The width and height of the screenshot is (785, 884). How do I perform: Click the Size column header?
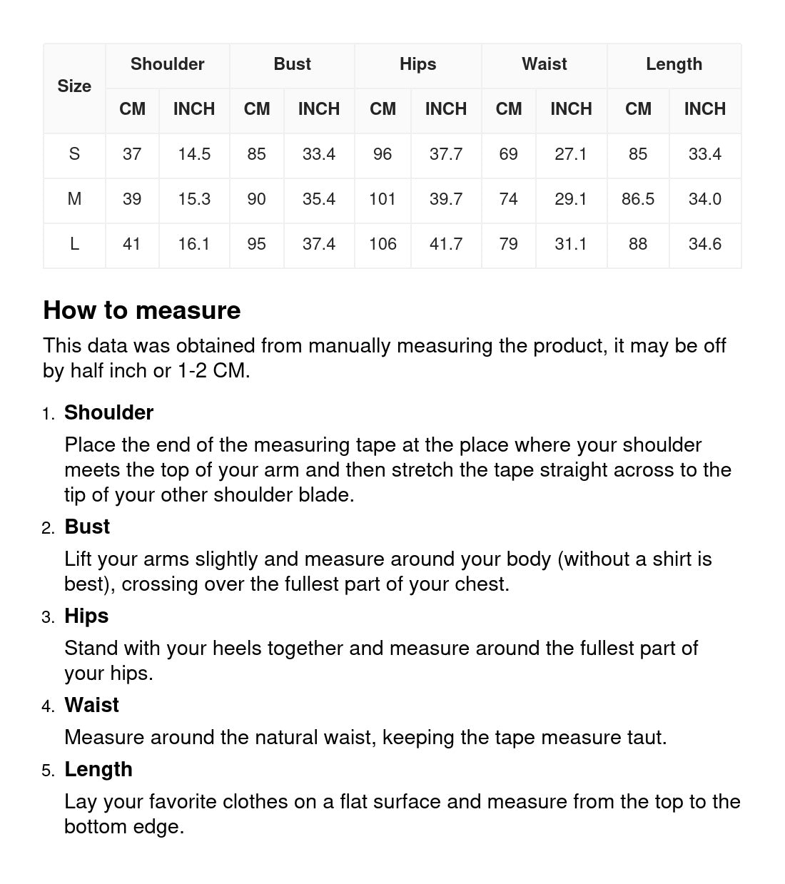[74, 86]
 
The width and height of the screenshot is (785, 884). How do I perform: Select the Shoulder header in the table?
[167, 64]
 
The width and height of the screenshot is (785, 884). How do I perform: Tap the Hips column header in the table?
[417, 64]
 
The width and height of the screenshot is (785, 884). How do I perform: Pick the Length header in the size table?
[674, 64]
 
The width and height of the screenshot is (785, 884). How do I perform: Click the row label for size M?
[74, 199]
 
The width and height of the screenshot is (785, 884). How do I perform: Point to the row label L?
[74, 244]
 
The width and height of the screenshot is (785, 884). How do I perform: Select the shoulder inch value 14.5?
[194, 154]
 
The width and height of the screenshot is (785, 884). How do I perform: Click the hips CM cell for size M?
[383, 199]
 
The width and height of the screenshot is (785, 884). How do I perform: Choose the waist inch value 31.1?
[571, 244]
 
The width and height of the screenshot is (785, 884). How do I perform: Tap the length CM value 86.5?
[638, 199]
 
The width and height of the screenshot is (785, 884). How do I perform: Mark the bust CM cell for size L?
[256, 244]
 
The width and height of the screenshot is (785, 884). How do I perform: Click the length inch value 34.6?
[704, 244]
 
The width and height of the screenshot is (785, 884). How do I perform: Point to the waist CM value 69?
[508, 154]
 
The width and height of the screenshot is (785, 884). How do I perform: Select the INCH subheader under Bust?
[318, 109]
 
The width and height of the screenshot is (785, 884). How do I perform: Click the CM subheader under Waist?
[508, 109]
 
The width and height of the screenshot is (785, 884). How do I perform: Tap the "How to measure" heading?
[142, 310]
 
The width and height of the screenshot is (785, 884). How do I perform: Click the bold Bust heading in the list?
[87, 527]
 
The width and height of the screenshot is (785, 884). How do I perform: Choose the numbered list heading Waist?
[91, 705]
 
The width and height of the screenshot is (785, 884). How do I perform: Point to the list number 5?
[48, 771]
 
